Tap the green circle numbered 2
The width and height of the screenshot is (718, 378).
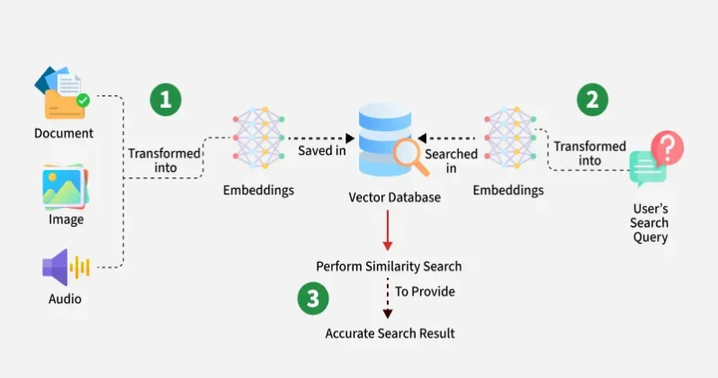(591, 99)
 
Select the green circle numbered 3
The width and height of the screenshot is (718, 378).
(312, 299)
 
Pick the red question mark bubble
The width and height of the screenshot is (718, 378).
(667, 146)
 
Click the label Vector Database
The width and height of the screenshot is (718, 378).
(394, 196)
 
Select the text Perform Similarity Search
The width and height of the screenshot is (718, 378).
(389, 266)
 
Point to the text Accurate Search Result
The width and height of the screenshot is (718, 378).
(390, 333)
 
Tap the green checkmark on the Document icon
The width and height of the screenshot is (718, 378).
(83, 100)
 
